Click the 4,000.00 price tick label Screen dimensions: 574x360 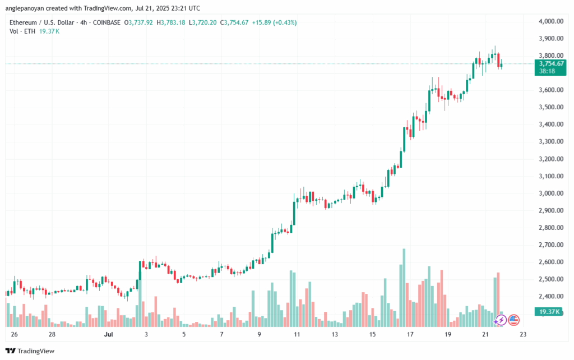point(551,21)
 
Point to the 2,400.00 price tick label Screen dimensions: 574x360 point(551,296)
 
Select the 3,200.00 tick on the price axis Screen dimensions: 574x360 point(551,159)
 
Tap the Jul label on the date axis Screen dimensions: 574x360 point(108,334)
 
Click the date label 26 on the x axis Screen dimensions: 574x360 point(14,334)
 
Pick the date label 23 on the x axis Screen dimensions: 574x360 point(523,334)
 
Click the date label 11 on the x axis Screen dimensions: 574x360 point(297,334)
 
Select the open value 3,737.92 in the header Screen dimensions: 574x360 point(141,22)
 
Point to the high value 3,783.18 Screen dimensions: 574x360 point(173,22)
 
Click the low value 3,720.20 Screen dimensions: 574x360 point(205,22)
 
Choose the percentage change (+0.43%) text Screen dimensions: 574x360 point(285,22)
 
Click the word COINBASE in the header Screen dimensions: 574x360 point(107,22)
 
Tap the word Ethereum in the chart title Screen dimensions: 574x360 point(23,22)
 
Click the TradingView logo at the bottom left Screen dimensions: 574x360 point(30,351)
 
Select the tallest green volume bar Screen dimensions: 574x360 point(404,288)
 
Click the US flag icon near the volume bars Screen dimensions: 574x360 point(513,320)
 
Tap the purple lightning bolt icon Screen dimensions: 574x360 point(501,320)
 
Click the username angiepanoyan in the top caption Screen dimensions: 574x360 point(25,8)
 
